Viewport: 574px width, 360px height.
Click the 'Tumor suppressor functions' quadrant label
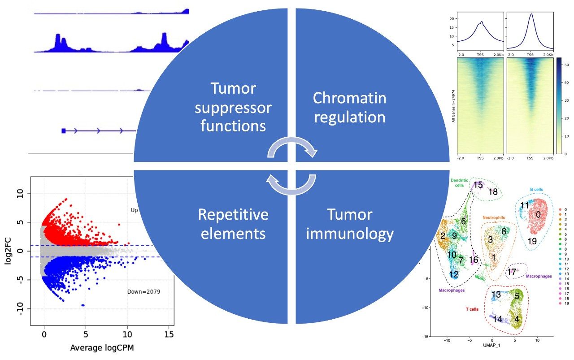pos(233,108)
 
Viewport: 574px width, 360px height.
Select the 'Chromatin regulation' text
pos(349,108)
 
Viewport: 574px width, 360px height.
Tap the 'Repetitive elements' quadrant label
pos(233,224)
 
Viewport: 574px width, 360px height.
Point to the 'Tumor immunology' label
pos(349,224)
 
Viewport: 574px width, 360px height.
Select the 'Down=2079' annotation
pos(144,291)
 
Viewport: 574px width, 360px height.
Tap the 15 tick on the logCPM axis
pos(170,334)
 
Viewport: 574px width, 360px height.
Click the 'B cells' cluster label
pos(537,190)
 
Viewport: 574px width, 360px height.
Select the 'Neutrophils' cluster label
pos(494,218)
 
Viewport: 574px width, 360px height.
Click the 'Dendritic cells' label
pos(460,183)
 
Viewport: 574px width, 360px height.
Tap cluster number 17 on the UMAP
pos(511,272)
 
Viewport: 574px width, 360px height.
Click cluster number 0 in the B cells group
pos(538,215)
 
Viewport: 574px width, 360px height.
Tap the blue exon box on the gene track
pos(64,130)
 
